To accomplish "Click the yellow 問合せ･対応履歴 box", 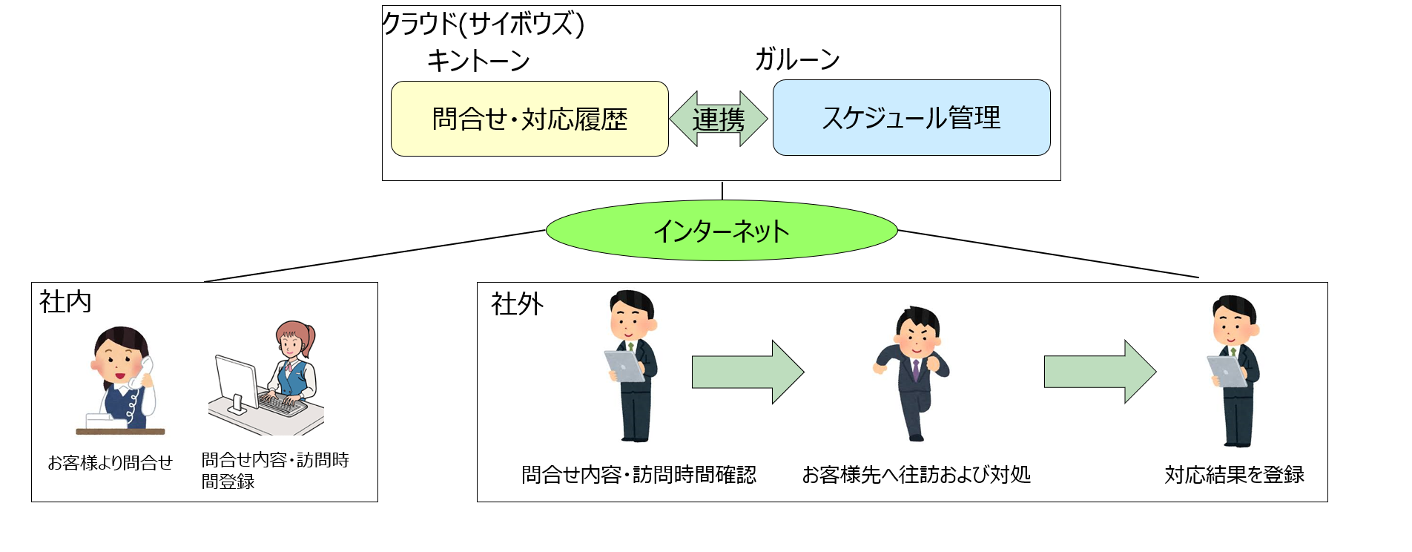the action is (529, 119).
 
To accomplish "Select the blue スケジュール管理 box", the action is (911, 117).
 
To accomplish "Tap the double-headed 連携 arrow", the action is (719, 119).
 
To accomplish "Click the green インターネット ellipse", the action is (722, 231).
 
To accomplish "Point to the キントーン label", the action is (478, 60).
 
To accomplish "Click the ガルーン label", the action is (797, 59).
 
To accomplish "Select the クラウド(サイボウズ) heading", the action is (484, 24).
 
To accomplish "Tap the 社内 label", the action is (65, 302).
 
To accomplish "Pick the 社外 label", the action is (518, 303).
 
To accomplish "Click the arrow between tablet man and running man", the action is (748, 372).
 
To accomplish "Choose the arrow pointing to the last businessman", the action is (1101, 372).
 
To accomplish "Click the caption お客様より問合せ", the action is (110, 463).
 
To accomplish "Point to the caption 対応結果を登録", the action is (1235, 474).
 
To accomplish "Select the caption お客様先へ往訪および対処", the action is (917, 474).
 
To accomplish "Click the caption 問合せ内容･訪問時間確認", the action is (639, 474).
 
